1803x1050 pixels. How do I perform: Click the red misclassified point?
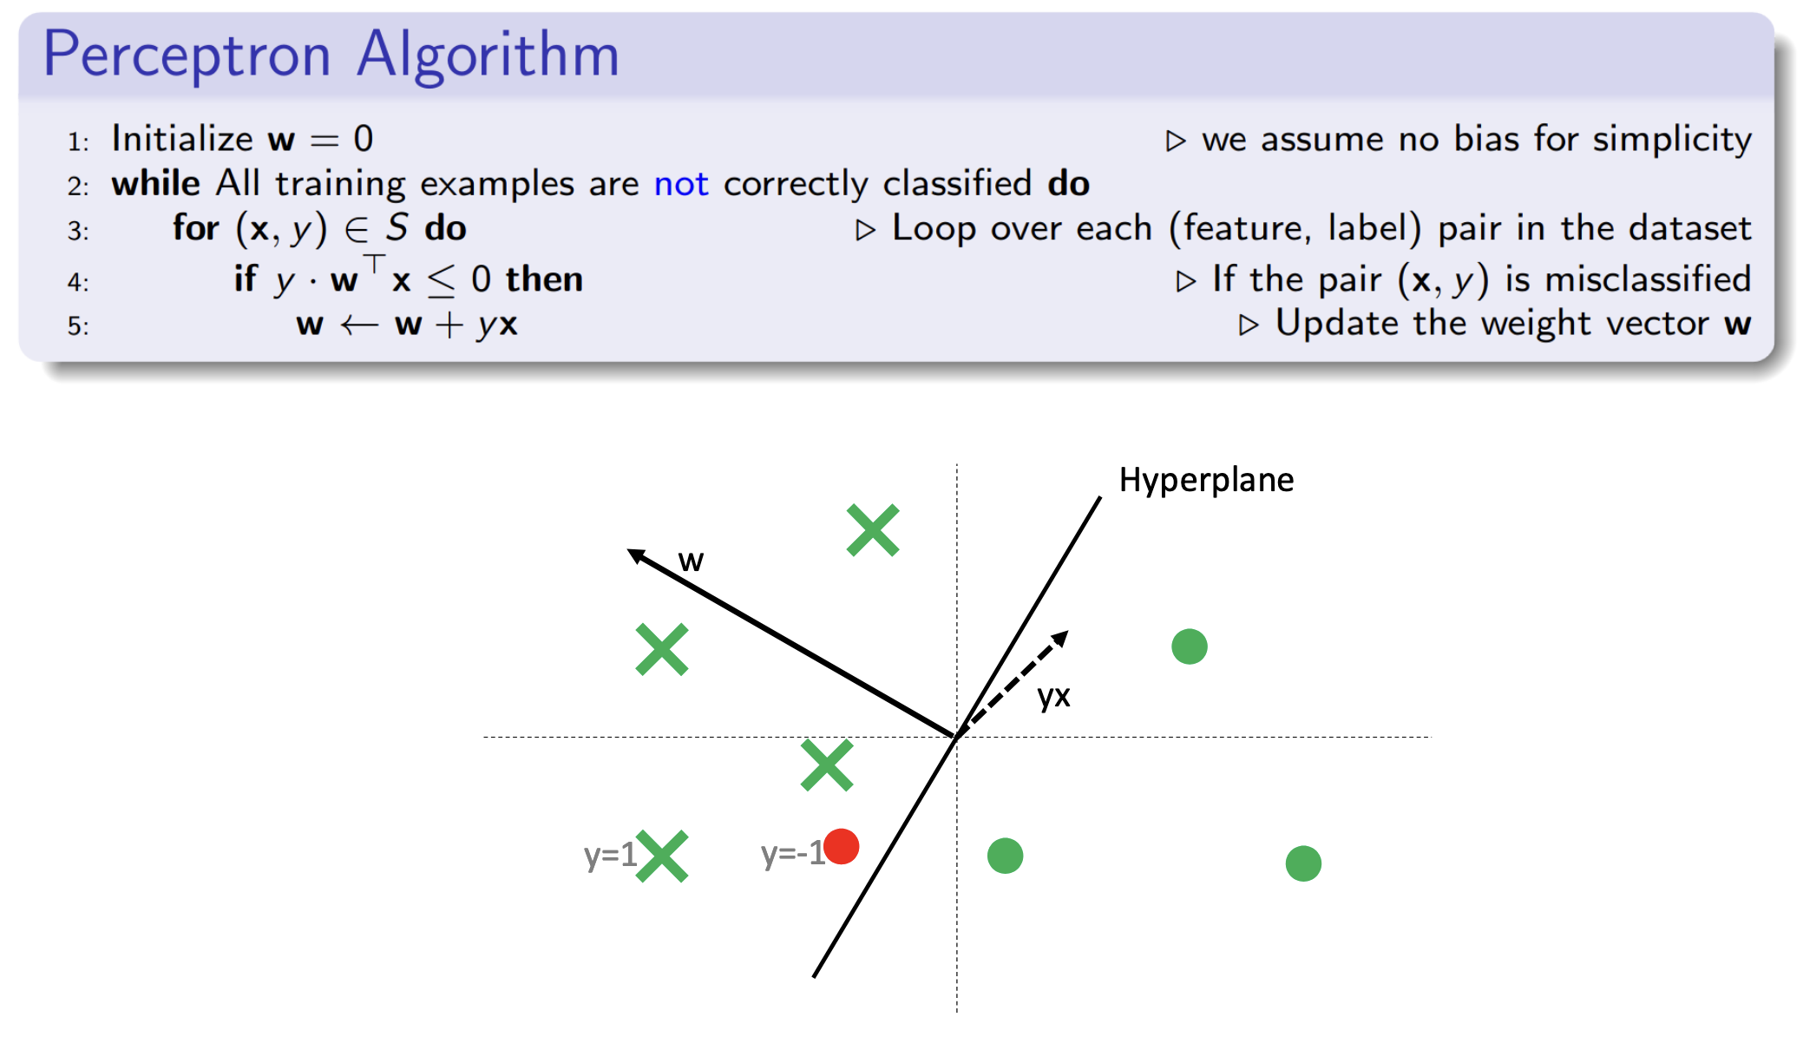coord(841,846)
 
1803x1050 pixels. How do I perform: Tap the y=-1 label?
coord(792,854)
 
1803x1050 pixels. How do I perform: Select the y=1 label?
coord(610,856)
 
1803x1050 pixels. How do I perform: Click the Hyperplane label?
coord(1206,480)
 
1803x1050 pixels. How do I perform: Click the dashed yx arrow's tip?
coord(1066,633)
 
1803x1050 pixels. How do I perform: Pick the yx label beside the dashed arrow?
coord(1054,696)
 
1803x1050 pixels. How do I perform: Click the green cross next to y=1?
coord(662,856)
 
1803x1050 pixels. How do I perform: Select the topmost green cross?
coord(873,530)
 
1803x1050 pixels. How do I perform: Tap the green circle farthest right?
coord(1303,863)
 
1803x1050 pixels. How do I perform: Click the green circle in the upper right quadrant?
coord(1190,646)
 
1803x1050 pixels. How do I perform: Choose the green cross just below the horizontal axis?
coord(827,765)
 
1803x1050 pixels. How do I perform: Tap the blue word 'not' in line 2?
coord(681,184)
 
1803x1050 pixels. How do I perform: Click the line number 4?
coord(78,282)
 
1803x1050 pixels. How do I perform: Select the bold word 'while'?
coord(156,184)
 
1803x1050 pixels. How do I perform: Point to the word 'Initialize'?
coord(182,139)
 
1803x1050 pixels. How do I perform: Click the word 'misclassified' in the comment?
coord(1649,279)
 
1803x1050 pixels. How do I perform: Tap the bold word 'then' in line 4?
coord(544,279)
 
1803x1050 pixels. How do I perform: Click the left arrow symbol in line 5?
coord(359,325)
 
